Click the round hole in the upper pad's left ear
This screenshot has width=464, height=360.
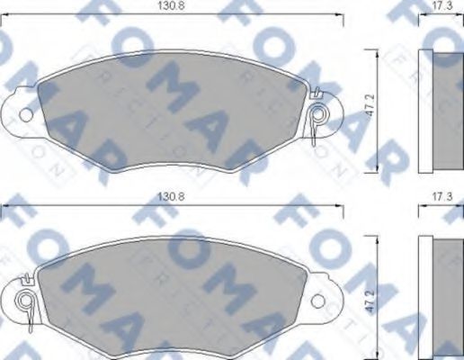pyautogui.click(x=25, y=114)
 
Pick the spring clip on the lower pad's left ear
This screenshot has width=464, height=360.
pyautogui.click(x=27, y=301)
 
